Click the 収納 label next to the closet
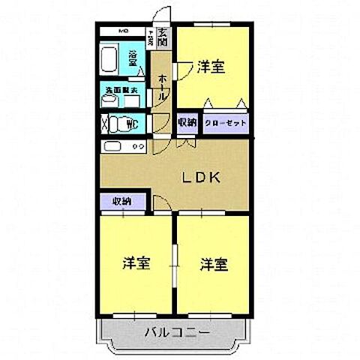click(187, 122)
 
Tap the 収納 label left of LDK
click(122, 201)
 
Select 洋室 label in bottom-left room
click(136, 264)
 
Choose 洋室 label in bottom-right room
click(214, 264)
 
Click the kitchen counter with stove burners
click(123, 146)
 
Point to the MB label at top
click(125, 31)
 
